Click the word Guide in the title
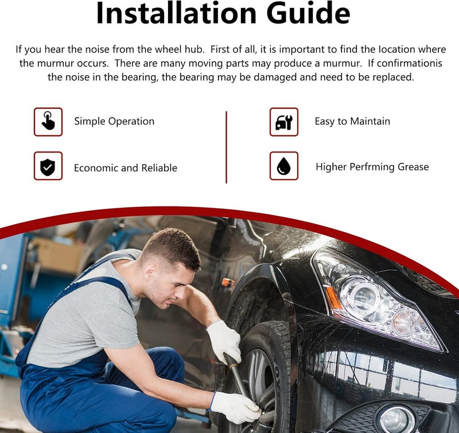(308, 13)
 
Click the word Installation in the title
(176, 13)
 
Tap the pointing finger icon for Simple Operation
(48, 122)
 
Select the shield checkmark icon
(48, 166)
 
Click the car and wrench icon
(284, 122)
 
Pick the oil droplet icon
(284, 166)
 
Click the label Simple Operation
(114, 122)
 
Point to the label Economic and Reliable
(126, 168)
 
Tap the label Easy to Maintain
(352, 121)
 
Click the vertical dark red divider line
(226, 147)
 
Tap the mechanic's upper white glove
(224, 341)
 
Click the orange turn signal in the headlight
(333, 299)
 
